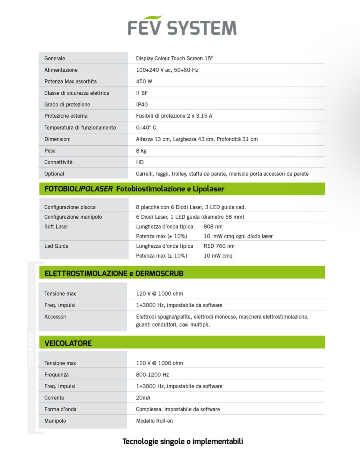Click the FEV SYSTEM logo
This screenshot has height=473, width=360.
point(182,27)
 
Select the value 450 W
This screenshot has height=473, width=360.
point(144,81)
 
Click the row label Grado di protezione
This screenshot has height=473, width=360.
point(67,104)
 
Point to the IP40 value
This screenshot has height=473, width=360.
point(142,104)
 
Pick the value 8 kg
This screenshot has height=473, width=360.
point(141,151)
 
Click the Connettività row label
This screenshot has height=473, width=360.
point(58,162)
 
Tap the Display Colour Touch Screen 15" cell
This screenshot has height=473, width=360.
point(175,58)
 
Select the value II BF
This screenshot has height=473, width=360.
point(142,93)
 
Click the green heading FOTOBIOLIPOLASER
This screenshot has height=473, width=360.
point(78,189)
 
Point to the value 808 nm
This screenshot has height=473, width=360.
point(213,227)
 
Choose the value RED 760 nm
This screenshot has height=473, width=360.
point(219,246)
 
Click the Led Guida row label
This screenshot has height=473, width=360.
point(56,246)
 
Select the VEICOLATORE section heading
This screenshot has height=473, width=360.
point(68,343)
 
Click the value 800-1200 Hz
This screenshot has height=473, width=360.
point(152,375)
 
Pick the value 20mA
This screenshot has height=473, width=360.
point(143,398)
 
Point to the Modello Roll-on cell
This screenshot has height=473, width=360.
point(154,421)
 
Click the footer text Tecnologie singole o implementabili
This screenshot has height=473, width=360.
point(183,441)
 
